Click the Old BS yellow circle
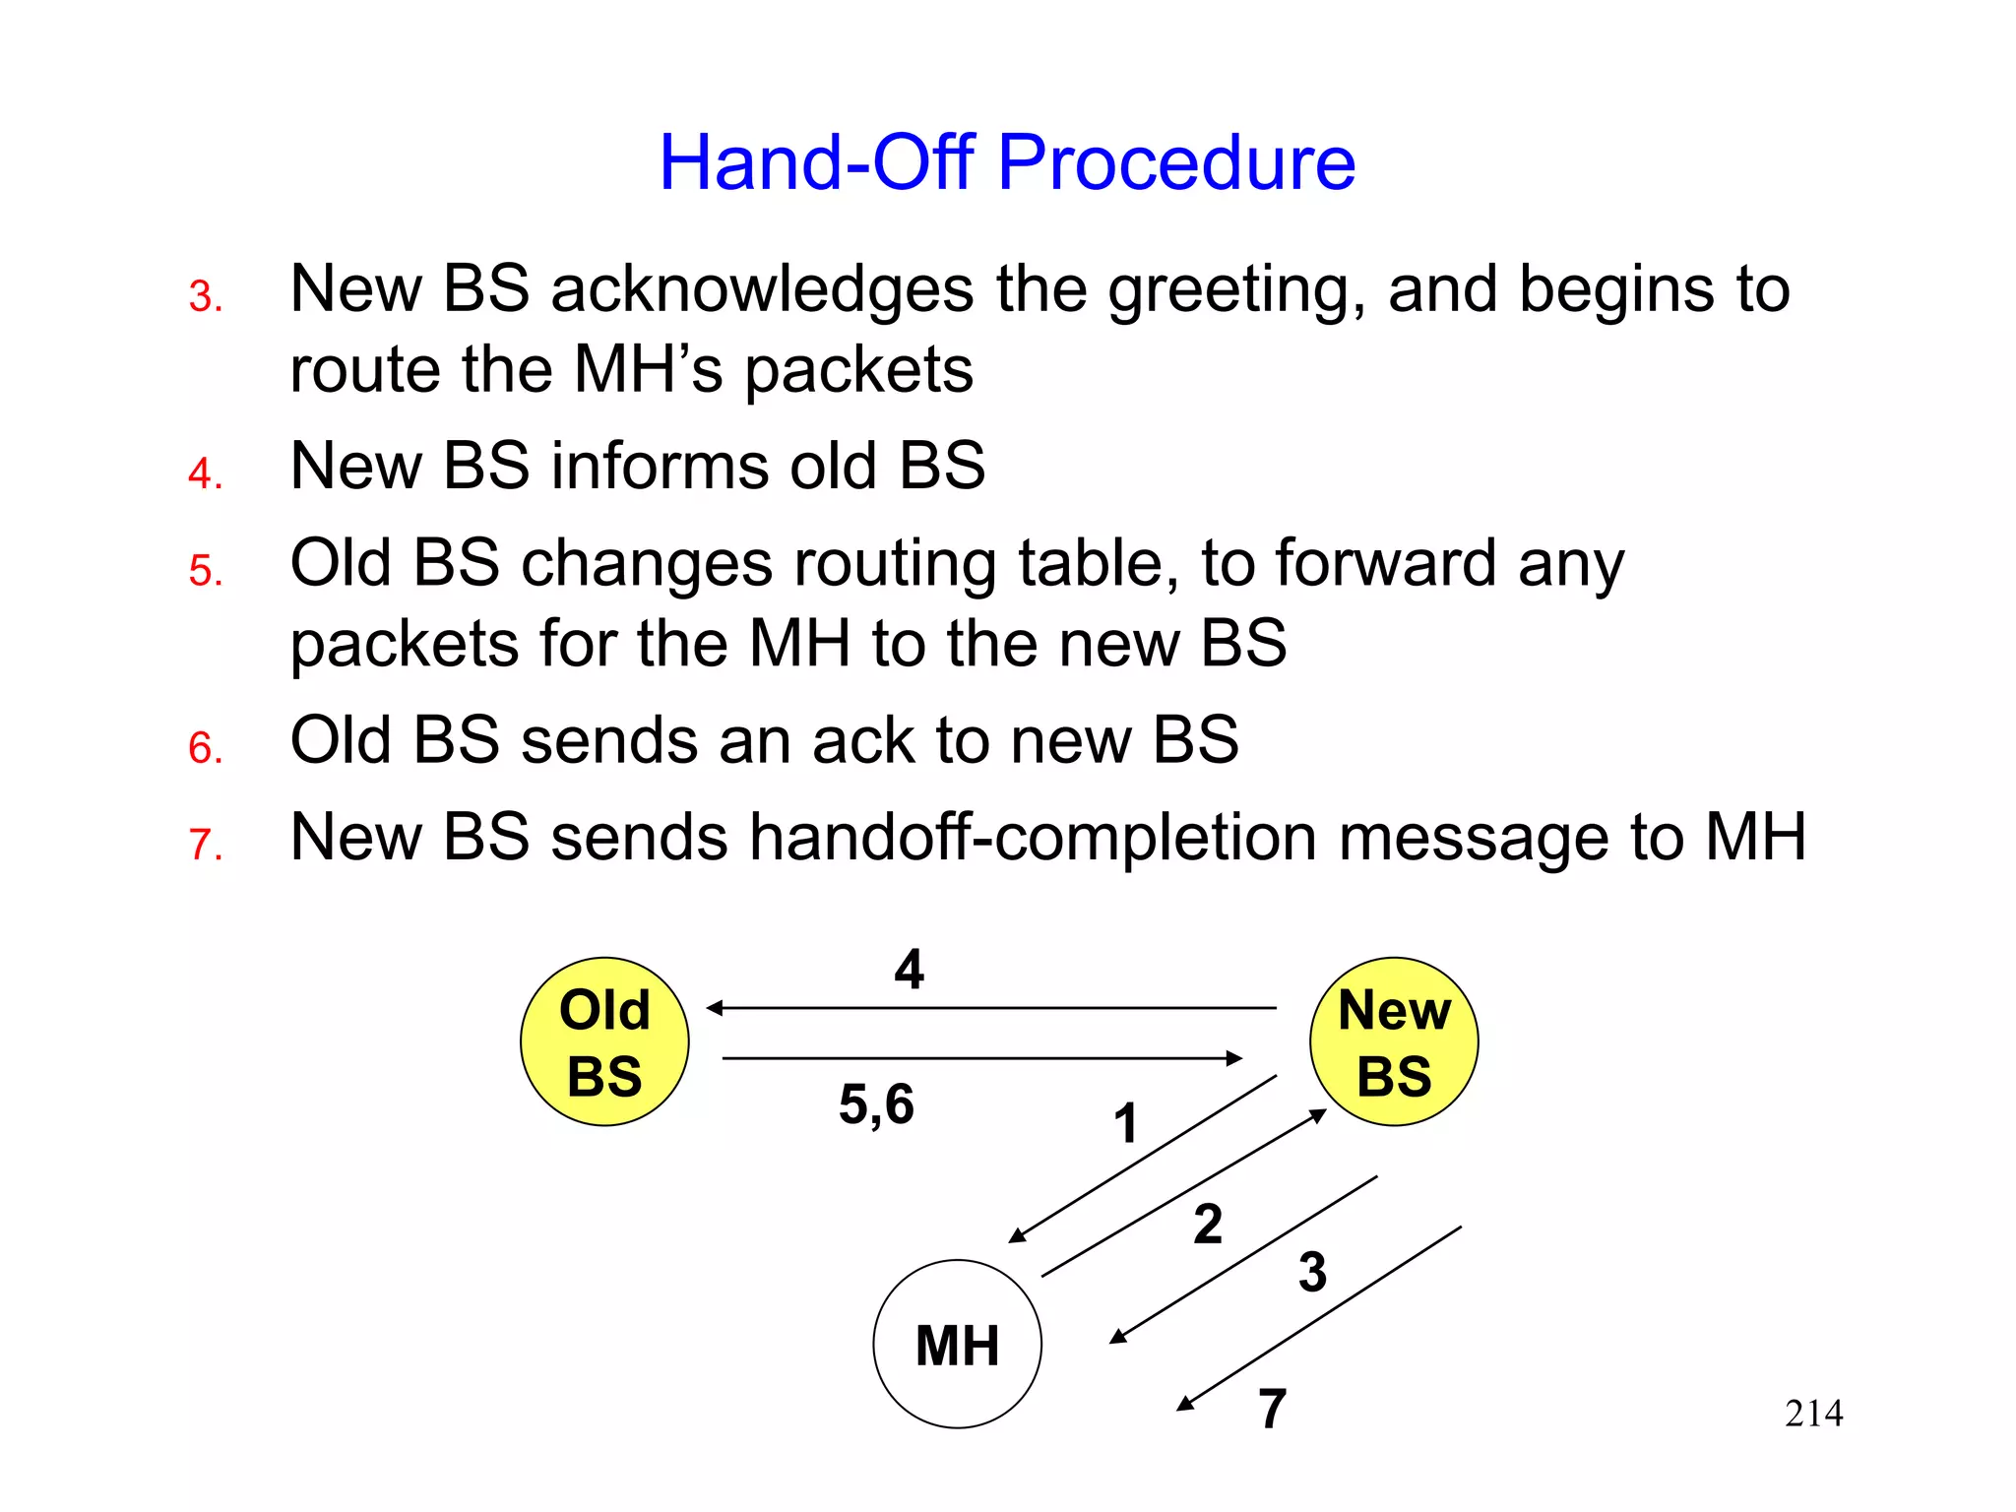(604, 1041)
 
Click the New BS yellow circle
(1394, 1041)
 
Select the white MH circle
(957, 1344)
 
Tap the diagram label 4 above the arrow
(909, 970)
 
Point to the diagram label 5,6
(876, 1103)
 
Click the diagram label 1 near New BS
(1126, 1123)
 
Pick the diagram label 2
(1208, 1224)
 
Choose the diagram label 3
(1312, 1271)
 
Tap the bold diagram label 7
(1272, 1409)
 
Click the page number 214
(1813, 1414)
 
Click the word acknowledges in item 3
(762, 289)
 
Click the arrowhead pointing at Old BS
(714, 1008)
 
